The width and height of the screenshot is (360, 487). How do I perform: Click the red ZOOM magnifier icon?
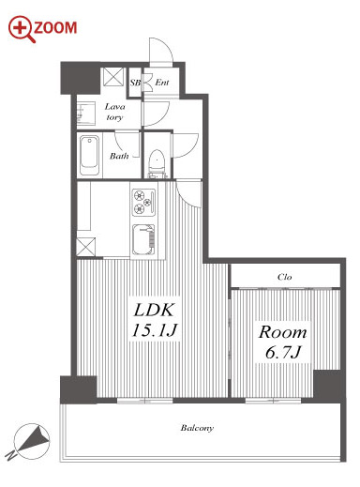click(22, 28)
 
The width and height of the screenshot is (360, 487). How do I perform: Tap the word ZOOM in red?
click(55, 28)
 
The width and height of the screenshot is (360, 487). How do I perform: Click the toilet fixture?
click(157, 162)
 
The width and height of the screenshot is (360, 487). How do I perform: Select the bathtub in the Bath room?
click(89, 155)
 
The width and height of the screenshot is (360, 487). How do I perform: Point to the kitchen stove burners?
click(143, 202)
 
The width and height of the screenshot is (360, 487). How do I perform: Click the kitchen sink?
click(143, 239)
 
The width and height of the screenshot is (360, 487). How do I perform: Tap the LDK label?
click(154, 311)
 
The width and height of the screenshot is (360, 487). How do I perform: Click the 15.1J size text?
click(155, 330)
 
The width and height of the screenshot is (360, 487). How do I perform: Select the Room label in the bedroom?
click(282, 332)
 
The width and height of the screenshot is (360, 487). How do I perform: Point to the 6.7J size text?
click(283, 352)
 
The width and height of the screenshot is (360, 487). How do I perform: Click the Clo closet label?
click(285, 277)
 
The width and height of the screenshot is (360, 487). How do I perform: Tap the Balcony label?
click(197, 428)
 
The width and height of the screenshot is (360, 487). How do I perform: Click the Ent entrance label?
click(162, 83)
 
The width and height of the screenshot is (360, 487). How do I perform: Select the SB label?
click(135, 83)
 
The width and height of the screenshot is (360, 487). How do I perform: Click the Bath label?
click(119, 156)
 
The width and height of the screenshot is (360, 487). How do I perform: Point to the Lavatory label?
click(114, 112)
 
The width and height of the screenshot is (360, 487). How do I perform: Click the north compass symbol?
click(31, 441)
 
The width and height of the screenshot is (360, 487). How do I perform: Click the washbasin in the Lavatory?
click(85, 113)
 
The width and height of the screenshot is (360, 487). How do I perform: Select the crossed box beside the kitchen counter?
click(85, 247)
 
